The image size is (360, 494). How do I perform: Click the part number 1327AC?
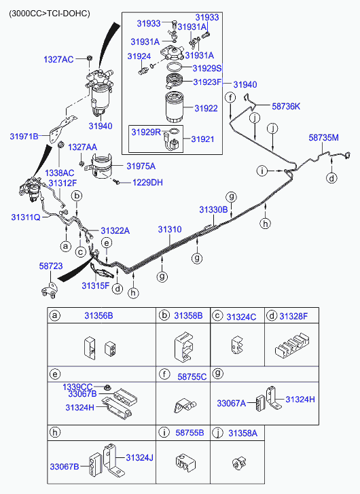click(58, 59)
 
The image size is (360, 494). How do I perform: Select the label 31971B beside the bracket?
click(24, 137)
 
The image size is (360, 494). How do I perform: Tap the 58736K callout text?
click(286, 107)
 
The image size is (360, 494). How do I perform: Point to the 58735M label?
click(323, 137)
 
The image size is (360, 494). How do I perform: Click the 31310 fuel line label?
click(170, 230)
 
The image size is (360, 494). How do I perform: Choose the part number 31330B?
click(213, 209)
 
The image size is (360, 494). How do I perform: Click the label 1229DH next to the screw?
click(147, 182)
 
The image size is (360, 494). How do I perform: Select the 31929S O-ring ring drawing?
click(174, 67)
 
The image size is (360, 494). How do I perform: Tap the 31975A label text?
click(141, 166)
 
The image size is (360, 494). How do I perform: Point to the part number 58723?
click(51, 266)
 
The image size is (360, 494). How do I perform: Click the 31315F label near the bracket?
click(95, 286)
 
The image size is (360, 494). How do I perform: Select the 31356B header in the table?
click(98, 315)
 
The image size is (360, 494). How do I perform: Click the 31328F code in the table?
click(293, 317)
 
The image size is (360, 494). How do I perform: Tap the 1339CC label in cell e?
click(77, 387)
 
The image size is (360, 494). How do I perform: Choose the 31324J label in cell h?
click(139, 457)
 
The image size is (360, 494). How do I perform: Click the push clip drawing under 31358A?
click(238, 463)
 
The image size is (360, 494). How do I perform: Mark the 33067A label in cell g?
click(231, 403)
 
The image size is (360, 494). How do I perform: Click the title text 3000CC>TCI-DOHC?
click(50, 13)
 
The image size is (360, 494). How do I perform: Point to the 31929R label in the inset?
click(146, 132)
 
